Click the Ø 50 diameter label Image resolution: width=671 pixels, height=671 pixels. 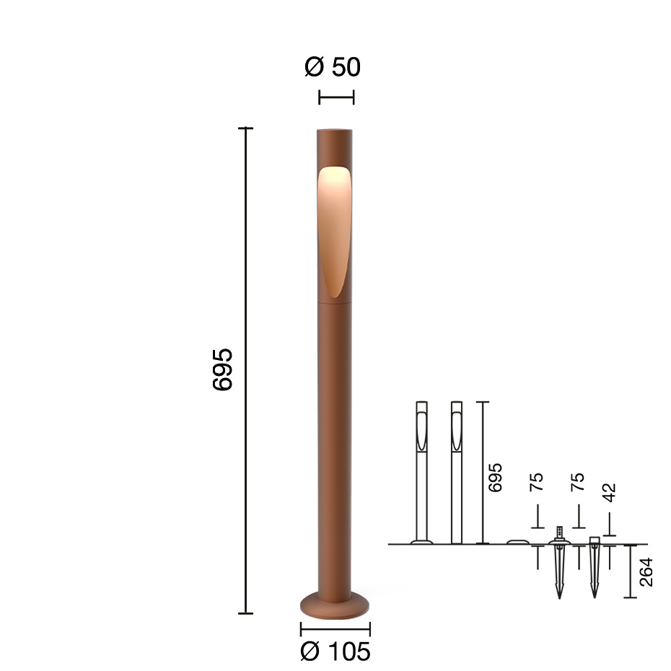tap(333, 67)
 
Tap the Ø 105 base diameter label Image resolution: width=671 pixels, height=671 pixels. tap(335, 652)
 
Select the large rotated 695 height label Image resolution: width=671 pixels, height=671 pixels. tap(223, 370)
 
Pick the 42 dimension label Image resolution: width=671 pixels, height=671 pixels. tap(610, 494)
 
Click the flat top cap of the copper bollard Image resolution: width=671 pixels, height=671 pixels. tap(335, 131)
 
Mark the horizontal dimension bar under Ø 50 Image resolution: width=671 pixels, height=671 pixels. tap(336, 97)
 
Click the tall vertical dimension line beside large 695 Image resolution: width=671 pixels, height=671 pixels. tap(246, 370)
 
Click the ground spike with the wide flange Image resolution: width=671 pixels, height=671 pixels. tap(559, 563)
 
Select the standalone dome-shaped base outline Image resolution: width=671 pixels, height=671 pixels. tap(517, 541)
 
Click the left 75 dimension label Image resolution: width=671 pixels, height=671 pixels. tap(536, 483)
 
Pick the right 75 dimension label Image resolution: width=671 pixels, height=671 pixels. tap(577, 483)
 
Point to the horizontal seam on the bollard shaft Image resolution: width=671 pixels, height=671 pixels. tap(335, 303)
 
